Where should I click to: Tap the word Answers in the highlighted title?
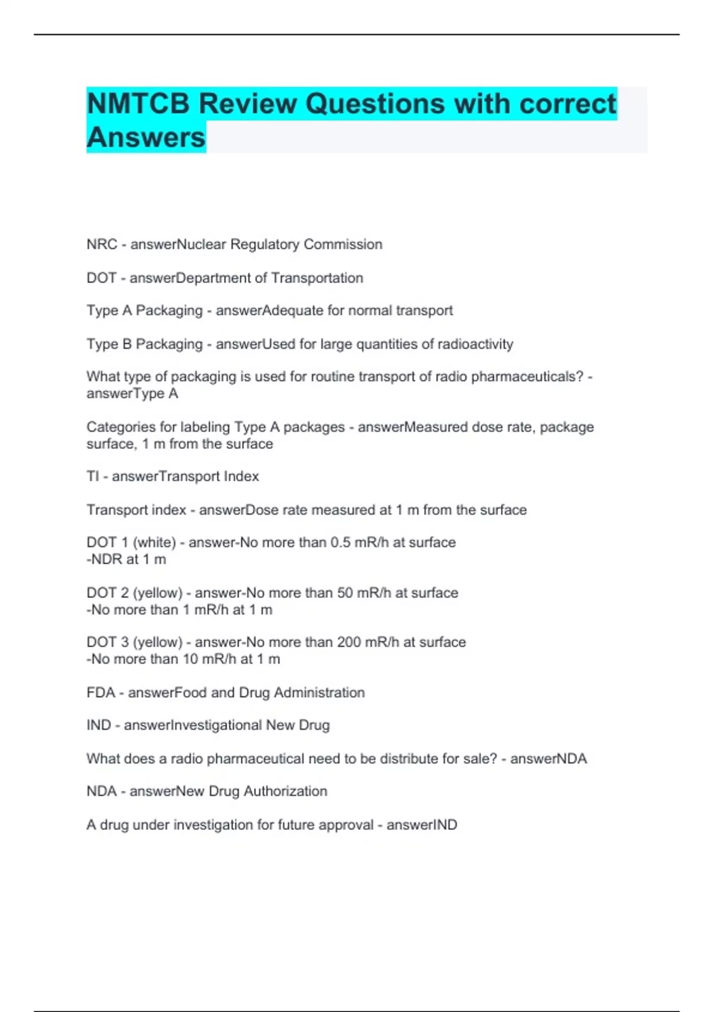(x=146, y=138)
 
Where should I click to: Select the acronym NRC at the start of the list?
(x=102, y=245)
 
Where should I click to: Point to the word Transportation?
(x=317, y=278)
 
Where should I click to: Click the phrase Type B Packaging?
(x=145, y=344)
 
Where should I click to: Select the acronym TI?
(x=92, y=476)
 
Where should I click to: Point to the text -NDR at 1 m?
(x=126, y=560)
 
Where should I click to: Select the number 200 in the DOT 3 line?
(x=349, y=642)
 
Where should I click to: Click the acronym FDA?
(x=101, y=693)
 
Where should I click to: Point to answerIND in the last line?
(x=422, y=825)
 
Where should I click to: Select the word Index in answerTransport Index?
(x=242, y=476)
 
